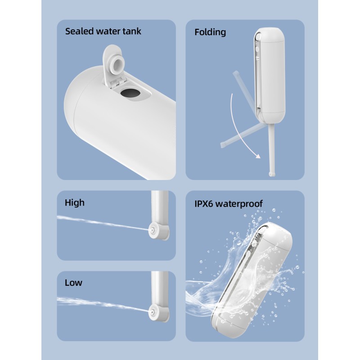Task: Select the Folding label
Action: [x=210, y=32]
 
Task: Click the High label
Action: [x=75, y=203]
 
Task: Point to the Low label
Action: [x=73, y=283]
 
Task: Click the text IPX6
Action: [x=204, y=204]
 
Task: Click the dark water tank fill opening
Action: [x=130, y=94]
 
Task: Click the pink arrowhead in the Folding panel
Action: [x=258, y=156]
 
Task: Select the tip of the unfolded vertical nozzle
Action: [x=272, y=174]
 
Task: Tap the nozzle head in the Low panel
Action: [x=152, y=312]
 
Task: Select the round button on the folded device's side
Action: [x=257, y=49]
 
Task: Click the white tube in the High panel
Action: [x=160, y=207]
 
